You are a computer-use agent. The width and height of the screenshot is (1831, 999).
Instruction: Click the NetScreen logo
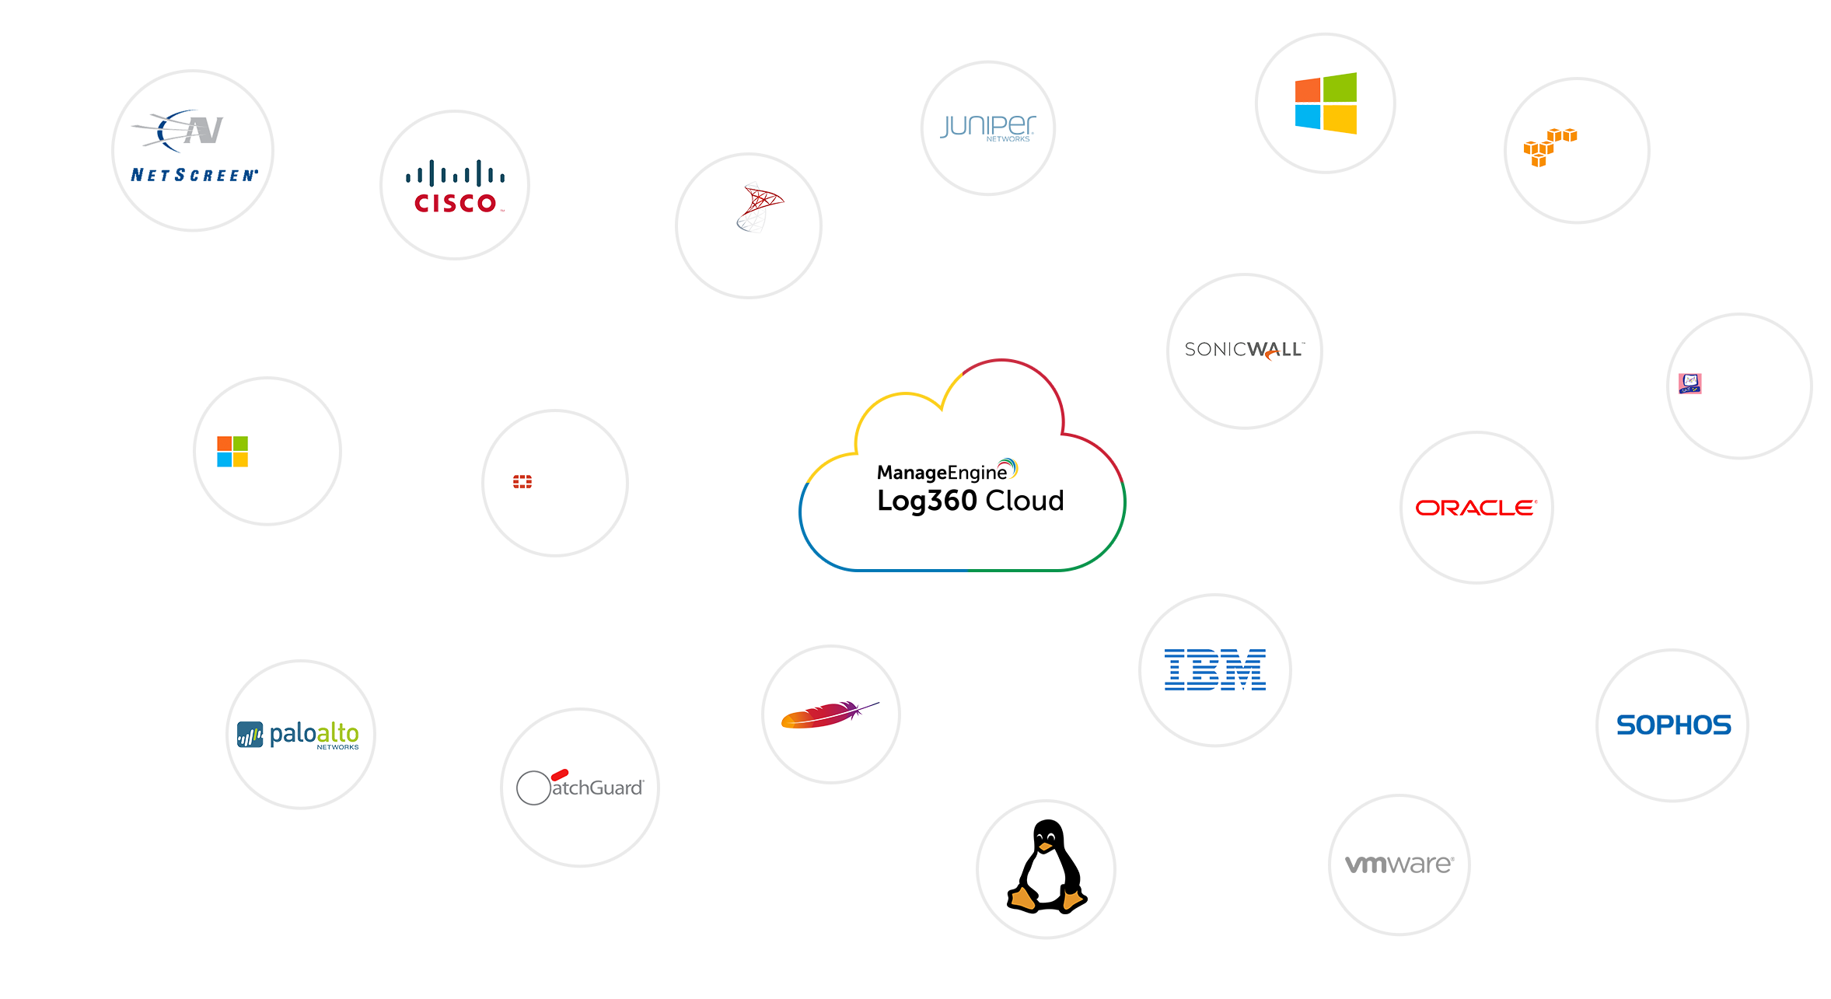(x=193, y=148)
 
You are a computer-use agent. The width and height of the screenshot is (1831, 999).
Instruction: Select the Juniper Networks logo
(x=987, y=127)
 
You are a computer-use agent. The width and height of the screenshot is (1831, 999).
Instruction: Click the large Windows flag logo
(x=1326, y=103)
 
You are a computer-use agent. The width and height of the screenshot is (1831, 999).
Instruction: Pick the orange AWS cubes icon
(x=1550, y=147)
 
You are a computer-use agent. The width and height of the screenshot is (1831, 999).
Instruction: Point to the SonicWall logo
(x=1244, y=350)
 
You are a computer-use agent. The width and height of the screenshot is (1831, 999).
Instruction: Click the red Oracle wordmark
(x=1476, y=508)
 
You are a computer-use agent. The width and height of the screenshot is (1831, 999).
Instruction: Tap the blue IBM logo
(x=1214, y=669)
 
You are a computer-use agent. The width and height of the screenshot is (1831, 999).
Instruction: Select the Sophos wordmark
(x=1673, y=725)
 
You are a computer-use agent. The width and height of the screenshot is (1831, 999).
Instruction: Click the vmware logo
(x=1399, y=864)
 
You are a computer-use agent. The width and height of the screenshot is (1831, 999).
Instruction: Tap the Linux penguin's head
(x=1047, y=838)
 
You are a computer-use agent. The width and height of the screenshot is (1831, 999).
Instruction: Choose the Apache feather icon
(x=829, y=714)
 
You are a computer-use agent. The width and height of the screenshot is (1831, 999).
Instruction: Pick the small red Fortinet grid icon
(x=522, y=482)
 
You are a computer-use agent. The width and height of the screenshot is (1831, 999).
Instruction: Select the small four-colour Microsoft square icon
(x=232, y=451)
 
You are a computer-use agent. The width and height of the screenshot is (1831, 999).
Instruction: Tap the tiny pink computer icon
(x=1689, y=383)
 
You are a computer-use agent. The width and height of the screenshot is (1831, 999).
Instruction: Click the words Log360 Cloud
(x=970, y=501)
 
